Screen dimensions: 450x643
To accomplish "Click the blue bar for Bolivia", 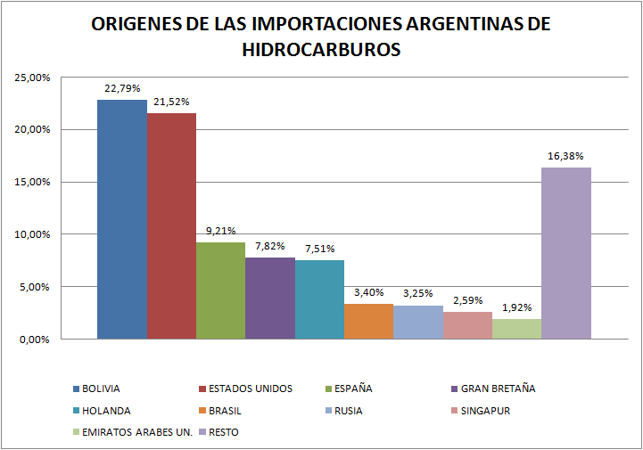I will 121,219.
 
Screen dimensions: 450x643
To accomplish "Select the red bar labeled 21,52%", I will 171,226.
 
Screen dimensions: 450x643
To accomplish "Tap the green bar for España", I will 220,290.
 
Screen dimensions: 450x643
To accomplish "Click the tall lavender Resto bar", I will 565,253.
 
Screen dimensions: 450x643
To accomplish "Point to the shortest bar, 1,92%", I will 516,329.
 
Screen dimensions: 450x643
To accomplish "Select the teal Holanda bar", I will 319,299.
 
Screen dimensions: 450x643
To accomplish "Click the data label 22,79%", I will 121,88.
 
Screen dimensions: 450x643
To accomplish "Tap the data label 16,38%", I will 565,156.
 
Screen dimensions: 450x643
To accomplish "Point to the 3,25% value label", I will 417,293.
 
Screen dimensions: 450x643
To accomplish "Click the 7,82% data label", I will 270,246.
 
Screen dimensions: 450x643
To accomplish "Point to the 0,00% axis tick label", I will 34,340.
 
